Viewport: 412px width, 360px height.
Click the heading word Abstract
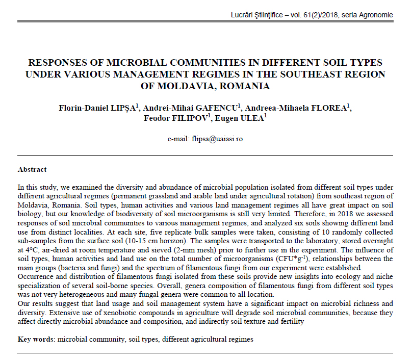click(32, 169)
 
